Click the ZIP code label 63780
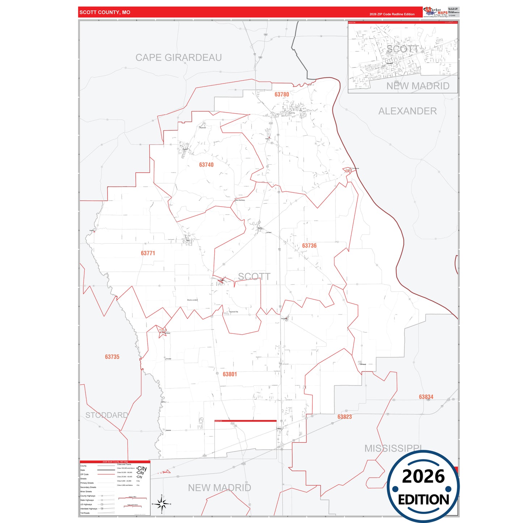tap(282, 94)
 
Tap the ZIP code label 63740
tap(206, 165)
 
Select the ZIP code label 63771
tap(148, 253)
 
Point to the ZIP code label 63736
tap(309, 246)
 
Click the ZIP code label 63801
tap(230, 374)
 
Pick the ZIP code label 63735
tap(112, 357)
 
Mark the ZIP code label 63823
tap(345, 417)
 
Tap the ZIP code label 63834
tap(426, 397)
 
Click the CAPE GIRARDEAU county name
tap(178, 58)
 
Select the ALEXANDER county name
tap(408, 111)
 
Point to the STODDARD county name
tap(107, 415)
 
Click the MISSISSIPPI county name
tap(393, 448)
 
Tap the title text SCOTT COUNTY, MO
tap(105, 12)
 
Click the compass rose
tap(162, 504)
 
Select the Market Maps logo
tap(435, 12)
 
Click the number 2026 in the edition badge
tap(423, 476)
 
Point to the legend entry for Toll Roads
tap(85, 513)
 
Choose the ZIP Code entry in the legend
tap(84, 474)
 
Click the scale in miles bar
tap(132, 498)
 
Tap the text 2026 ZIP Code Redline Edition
tap(392, 14)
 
